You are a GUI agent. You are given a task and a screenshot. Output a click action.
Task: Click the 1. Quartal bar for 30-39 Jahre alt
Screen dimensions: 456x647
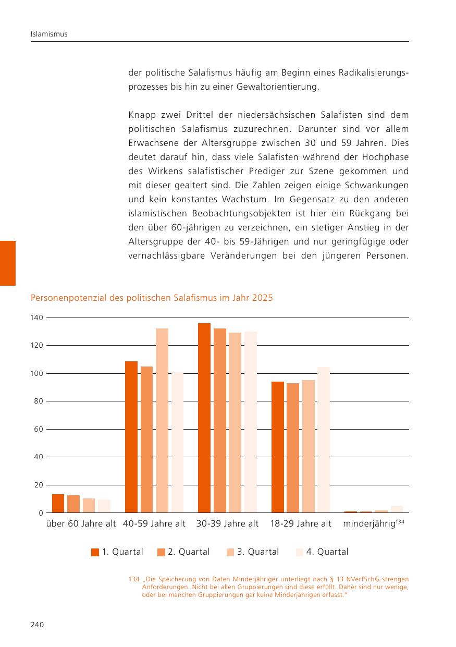point(204,418)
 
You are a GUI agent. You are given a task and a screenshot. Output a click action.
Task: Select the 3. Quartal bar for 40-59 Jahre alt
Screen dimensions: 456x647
point(162,420)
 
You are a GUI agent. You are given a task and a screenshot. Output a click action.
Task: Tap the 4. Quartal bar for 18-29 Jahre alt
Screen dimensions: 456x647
point(324,440)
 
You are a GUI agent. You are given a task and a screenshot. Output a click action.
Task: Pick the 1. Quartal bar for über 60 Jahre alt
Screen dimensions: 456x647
point(58,503)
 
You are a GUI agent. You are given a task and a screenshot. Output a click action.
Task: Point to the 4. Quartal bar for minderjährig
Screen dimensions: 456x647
point(397,509)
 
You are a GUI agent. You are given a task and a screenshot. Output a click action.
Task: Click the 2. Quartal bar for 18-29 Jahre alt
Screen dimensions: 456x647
point(293,448)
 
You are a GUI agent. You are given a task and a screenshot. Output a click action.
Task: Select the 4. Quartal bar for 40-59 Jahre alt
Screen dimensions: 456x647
point(177,442)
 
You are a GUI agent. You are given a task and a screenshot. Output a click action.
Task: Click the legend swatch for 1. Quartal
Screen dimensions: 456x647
point(95,552)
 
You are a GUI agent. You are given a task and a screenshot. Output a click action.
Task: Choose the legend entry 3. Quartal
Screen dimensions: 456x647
point(253,552)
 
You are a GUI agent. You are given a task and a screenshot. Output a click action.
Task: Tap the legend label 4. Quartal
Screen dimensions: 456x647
point(327,552)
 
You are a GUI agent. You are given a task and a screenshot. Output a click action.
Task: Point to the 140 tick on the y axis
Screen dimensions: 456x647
point(36,318)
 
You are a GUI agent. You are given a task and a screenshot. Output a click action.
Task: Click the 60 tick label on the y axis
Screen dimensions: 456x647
point(39,429)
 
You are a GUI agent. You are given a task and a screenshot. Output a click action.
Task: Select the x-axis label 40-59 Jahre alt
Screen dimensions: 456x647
point(154,523)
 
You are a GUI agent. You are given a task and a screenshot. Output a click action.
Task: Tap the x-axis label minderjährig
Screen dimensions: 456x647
point(369,524)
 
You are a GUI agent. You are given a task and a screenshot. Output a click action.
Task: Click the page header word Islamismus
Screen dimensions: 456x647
point(49,34)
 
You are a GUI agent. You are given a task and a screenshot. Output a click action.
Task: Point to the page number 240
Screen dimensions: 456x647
point(37,625)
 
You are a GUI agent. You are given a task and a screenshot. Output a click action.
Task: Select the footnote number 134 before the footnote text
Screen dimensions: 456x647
point(134,579)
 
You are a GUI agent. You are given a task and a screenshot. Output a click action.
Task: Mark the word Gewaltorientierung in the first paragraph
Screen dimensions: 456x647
point(278,87)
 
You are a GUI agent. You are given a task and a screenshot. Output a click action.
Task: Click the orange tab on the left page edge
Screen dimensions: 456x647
point(8,263)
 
